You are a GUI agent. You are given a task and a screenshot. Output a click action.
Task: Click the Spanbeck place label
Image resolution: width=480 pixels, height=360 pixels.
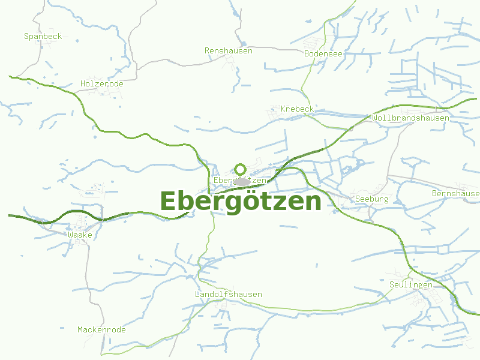click(43, 37)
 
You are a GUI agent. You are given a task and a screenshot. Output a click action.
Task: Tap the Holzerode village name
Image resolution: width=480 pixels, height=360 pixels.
click(101, 84)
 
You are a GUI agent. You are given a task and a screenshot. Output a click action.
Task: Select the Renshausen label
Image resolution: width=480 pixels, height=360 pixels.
click(228, 51)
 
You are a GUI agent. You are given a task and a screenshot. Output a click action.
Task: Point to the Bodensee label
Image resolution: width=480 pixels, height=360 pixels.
click(323, 54)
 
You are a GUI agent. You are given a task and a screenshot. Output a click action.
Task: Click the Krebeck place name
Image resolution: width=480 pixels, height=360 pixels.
click(297, 109)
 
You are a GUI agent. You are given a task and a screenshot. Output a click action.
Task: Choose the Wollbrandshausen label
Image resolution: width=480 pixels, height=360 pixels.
click(410, 118)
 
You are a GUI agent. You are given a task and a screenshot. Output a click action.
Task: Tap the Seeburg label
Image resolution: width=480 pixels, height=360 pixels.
click(372, 199)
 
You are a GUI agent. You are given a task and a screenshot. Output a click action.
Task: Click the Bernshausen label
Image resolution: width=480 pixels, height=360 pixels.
click(455, 194)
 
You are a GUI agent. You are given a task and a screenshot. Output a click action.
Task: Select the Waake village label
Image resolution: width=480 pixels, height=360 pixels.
click(80, 235)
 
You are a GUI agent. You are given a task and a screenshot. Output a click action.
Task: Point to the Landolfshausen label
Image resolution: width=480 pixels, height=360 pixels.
click(228, 295)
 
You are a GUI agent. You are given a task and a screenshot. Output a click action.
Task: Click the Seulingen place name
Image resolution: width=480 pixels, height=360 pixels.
click(410, 285)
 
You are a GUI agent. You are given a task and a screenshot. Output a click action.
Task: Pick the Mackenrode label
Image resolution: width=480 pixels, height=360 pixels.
click(101, 330)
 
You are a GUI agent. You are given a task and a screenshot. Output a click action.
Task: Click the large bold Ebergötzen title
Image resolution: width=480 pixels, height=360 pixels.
click(241, 201)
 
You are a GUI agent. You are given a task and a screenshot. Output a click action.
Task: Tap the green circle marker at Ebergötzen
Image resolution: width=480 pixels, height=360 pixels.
click(241, 169)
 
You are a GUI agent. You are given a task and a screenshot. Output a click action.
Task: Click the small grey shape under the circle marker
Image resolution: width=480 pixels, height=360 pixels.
click(241, 181)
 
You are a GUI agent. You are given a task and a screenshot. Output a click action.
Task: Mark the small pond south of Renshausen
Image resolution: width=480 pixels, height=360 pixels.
click(243, 43)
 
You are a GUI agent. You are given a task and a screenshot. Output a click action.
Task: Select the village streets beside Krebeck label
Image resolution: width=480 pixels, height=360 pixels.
click(274, 112)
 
